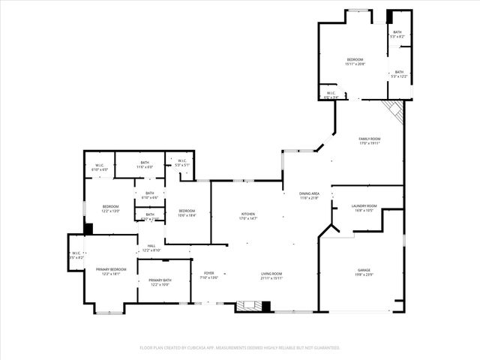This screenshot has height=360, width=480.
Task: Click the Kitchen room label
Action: click(x=248, y=215)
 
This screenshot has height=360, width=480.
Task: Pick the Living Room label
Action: click(x=271, y=275)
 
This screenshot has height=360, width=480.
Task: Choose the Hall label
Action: click(x=151, y=248)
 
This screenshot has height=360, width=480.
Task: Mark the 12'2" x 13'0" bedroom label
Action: click(x=111, y=208)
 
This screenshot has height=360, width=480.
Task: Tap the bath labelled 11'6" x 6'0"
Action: click(x=145, y=164)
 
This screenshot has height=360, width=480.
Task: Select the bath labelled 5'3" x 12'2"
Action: click(x=399, y=74)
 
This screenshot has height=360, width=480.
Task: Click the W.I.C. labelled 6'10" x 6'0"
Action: click(x=100, y=168)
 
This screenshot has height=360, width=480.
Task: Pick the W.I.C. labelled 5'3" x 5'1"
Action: click(x=182, y=163)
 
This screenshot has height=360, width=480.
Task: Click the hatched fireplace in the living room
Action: click(x=248, y=306)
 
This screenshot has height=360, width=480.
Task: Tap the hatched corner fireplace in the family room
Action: click(x=395, y=112)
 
